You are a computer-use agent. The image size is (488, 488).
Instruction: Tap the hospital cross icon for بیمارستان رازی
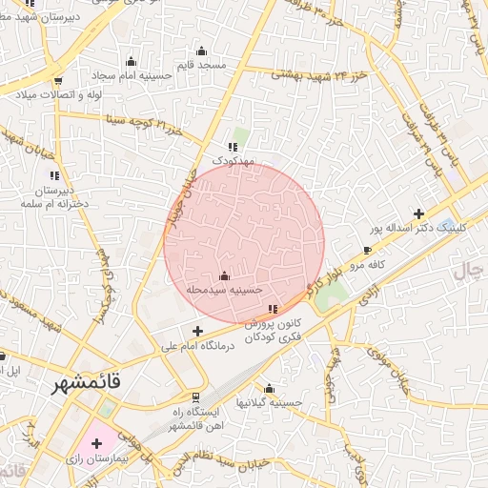96,444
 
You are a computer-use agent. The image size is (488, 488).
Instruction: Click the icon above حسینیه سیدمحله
224,275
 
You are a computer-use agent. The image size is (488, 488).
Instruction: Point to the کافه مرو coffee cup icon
368,251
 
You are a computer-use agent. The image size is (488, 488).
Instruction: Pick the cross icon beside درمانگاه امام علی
197,331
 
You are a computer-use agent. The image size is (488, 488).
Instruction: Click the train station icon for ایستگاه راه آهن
196,396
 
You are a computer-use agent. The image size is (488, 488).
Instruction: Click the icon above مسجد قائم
200,51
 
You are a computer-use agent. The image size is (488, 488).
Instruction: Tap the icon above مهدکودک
233,146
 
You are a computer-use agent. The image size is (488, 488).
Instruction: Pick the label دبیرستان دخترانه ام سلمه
54,195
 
